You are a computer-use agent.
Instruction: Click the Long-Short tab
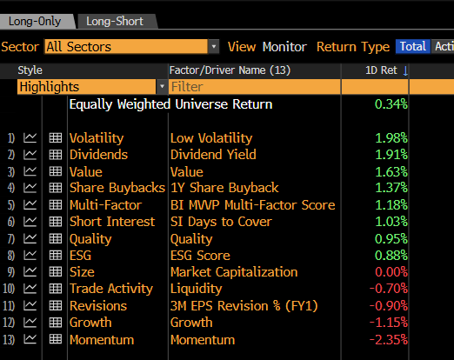[115, 22]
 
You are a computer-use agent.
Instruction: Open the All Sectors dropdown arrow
[214, 47]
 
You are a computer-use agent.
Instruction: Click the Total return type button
[413, 46]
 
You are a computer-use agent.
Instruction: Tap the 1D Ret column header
[381, 70]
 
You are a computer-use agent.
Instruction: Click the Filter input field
[254, 87]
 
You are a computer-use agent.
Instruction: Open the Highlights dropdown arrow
[162, 87]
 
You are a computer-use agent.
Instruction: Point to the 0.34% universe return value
[391, 104]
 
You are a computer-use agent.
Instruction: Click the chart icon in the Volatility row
[30, 137]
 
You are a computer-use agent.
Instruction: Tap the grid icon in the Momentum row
[56, 339]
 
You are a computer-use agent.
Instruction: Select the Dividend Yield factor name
[213, 155]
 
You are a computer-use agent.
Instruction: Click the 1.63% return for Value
[391, 172]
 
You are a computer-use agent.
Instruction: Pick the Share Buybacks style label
[117, 188]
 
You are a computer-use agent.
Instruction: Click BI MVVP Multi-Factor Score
[252, 205]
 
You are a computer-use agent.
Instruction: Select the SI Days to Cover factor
[221, 222]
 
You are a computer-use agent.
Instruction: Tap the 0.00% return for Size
[391, 272]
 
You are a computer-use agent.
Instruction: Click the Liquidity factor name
[197, 289]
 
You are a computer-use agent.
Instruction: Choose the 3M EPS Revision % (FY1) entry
[244, 306]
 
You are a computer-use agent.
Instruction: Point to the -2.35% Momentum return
[389, 340]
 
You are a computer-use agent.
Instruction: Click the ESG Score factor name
[200, 256]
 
